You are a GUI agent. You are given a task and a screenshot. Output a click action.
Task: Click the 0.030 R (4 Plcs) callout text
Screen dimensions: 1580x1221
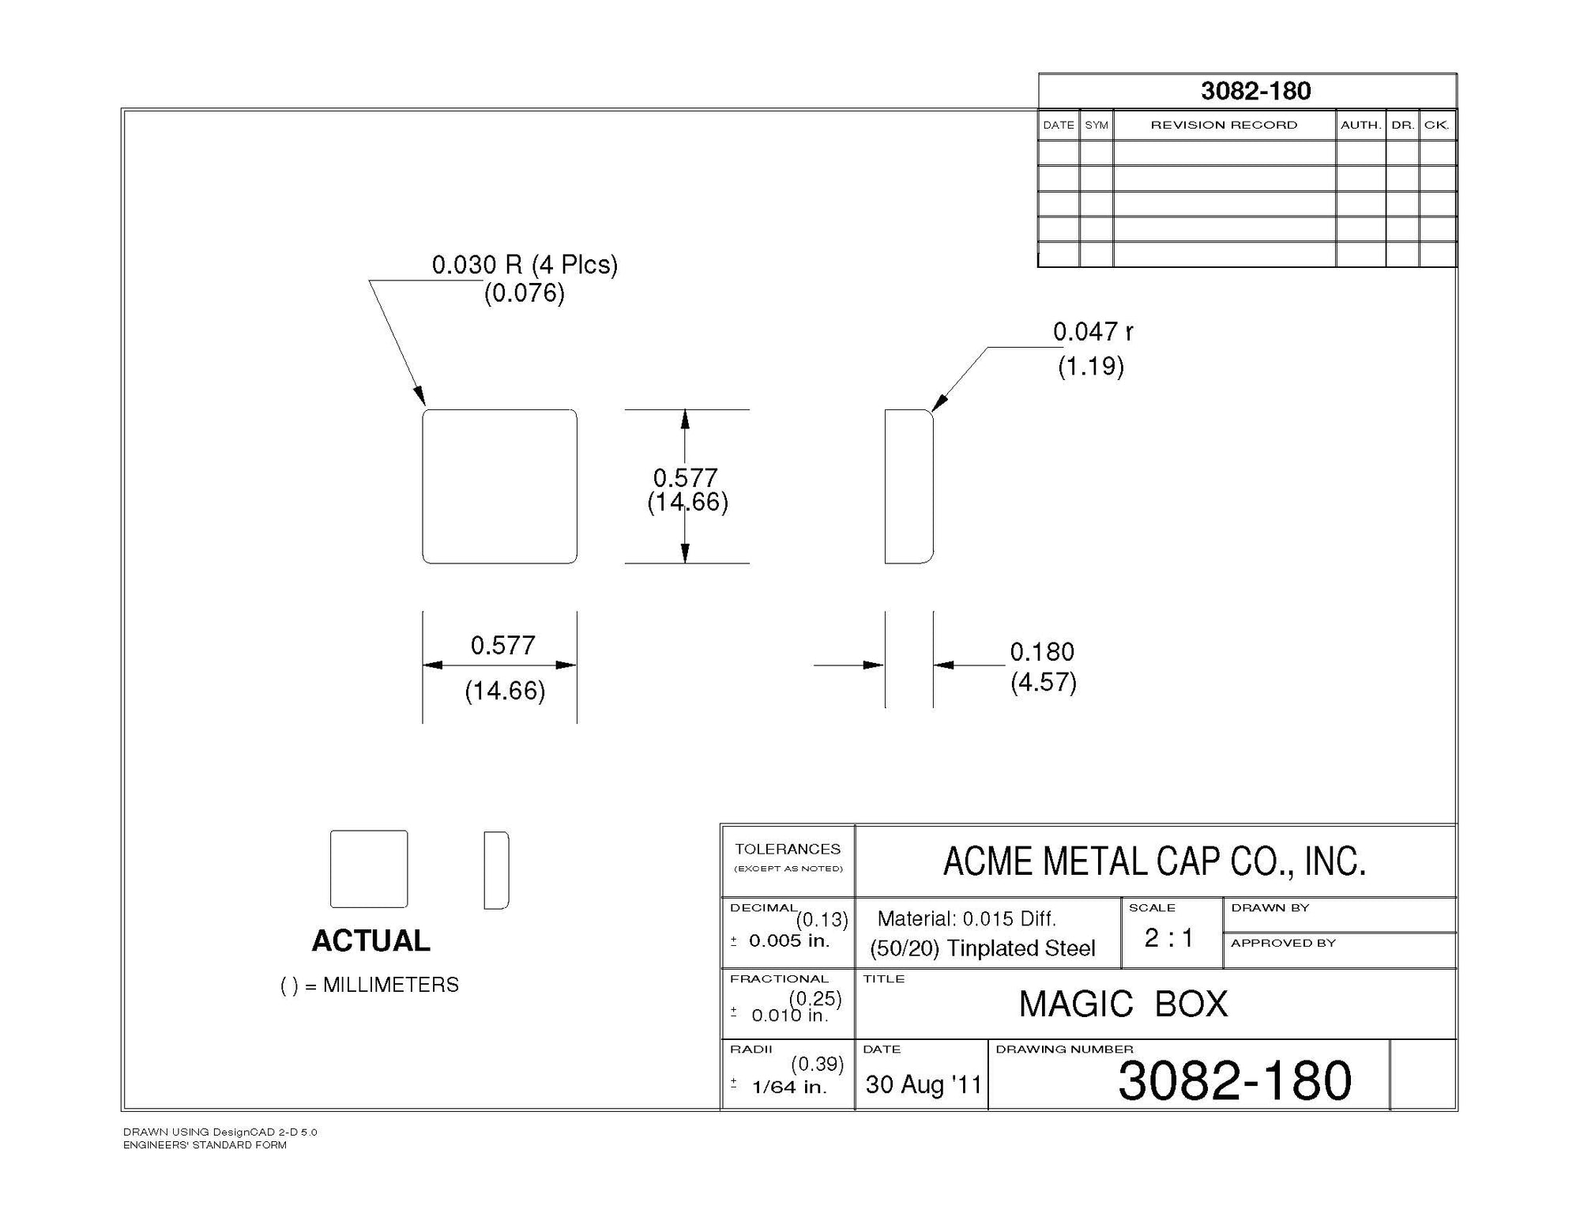[525, 265]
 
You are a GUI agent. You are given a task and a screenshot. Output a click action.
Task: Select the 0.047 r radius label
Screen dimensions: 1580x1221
[1093, 332]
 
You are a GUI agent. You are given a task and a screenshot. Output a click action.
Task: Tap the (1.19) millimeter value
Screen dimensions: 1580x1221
[1091, 366]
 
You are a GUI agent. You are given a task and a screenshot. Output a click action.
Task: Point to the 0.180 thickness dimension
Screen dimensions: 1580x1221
[1042, 652]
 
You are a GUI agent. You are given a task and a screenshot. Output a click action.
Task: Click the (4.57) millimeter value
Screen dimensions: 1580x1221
[1044, 682]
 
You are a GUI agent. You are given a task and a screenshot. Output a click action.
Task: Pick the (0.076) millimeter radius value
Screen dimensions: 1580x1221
[525, 293]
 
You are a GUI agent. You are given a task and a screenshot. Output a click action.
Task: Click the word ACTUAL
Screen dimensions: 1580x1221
[371, 940]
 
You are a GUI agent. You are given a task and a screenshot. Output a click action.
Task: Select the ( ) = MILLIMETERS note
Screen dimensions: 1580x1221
[370, 985]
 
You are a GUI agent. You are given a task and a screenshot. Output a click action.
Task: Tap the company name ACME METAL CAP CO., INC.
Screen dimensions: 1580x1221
[1154, 861]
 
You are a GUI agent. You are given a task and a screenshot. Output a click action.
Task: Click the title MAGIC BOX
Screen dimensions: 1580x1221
[1123, 1004]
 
